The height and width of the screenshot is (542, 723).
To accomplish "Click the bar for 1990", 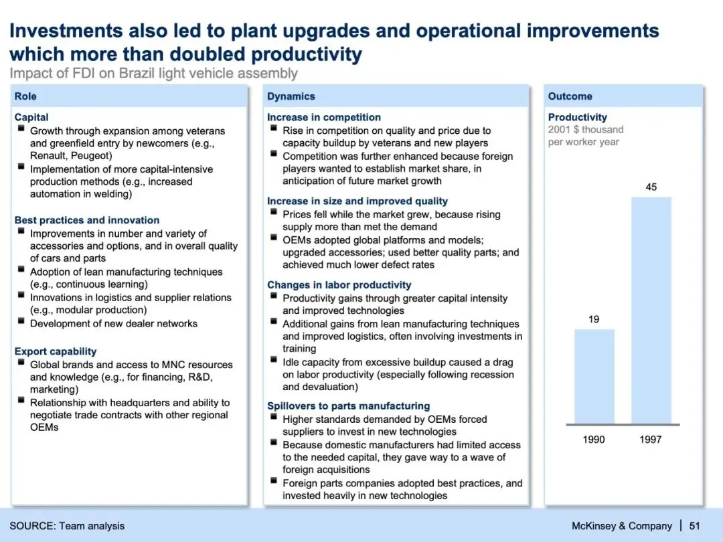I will point(594,376).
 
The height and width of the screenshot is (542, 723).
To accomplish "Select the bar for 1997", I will point(651,310).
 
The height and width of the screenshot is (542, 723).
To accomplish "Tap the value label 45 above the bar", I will point(651,187).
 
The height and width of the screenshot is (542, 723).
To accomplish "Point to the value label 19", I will point(594,320).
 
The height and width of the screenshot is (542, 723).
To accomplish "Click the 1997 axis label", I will point(651,440).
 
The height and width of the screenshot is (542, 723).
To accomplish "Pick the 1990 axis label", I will point(594,440).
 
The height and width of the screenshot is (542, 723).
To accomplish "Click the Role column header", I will point(25,96).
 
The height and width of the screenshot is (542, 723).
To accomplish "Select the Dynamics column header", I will point(291,96).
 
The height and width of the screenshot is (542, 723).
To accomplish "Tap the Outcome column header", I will point(570,96).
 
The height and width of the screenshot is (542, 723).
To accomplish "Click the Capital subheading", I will point(31,117).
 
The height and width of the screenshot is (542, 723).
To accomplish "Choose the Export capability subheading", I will point(56,351).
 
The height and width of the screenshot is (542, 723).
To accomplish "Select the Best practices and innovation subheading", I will point(87,220).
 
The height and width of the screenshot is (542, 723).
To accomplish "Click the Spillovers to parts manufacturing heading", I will point(348,406).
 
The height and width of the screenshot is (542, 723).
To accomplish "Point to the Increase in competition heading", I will point(324,117).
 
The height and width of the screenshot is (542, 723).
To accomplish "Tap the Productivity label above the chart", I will point(577,117).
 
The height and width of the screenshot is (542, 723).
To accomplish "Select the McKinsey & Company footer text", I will point(621,526).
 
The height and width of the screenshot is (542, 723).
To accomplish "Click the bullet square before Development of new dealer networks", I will point(21,323).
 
